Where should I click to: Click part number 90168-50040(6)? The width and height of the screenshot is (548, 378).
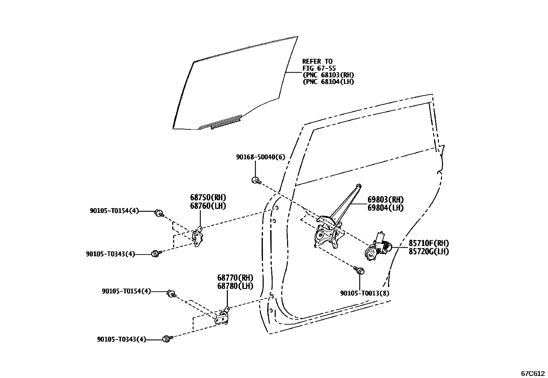click(261, 157)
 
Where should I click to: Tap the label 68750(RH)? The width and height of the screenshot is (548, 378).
click(208, 198)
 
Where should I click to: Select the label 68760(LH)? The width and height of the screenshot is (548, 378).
click(208, 206)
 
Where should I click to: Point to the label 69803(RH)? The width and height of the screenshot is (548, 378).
click(386, 200)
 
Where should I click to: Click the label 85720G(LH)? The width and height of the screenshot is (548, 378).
click(429, 251)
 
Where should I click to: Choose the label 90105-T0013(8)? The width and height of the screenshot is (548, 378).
click(365, 293)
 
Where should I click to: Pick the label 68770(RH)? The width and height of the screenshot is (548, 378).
click(235, 278)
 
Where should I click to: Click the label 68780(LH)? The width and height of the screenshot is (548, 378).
click(235, 286)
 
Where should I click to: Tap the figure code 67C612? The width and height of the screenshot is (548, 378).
click(533, 373)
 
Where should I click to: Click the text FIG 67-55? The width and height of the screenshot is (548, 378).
click(319, 68)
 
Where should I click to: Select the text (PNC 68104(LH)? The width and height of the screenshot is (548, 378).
click(328, 82)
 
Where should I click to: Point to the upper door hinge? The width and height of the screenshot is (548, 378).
click(198, 237)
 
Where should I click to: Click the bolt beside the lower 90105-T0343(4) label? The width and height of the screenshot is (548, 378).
click(167, 338)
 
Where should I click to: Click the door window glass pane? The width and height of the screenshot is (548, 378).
click(234, 86)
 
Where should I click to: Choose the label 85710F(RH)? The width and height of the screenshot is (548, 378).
click(429, 243)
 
